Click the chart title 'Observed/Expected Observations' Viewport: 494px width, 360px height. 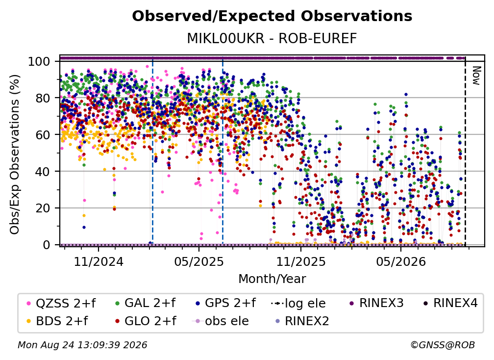[x=272, y=16]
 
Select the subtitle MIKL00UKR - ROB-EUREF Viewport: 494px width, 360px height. [x=272, y=38]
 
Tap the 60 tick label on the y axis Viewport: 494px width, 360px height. [x=43, y=134]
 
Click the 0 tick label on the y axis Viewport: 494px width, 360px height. [x=47, y=245]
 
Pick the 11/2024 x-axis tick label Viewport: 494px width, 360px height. [x=99, y=261]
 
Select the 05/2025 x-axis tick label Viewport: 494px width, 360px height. [x=199, y=261]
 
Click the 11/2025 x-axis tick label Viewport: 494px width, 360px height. [x=301, y=261]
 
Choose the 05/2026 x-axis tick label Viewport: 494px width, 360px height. [x=401, y=261]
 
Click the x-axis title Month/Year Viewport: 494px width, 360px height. [x=272, y=279]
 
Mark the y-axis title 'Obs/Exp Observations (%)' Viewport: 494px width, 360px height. [x=15, y=154]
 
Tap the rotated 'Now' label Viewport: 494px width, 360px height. [x=476, y=76]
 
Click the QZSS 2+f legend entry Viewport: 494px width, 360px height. [x=61, y=303]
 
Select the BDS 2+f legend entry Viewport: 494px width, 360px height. [x=57, y=321]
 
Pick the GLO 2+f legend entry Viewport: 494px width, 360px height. [x=146, y=321]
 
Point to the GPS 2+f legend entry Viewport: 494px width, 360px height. [x=225, y=303]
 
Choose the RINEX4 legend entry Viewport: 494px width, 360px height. [x=450, y=303]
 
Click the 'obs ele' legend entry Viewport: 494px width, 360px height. [x=220, y=321]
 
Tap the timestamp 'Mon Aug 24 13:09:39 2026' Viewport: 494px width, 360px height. [x=82, y=345]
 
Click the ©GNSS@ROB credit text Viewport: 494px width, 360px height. [x=443, y=345]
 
